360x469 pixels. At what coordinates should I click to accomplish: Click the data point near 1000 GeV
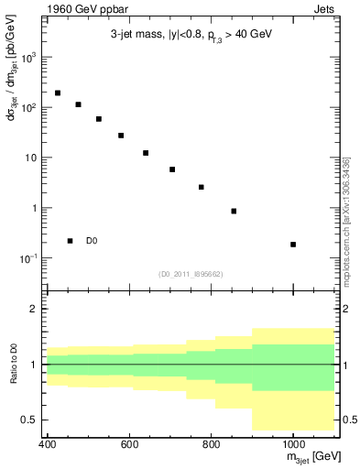tap(293, 245)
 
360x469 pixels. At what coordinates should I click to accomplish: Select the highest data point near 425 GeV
tap(58, 93)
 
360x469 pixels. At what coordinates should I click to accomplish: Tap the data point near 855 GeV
tap(234, 211)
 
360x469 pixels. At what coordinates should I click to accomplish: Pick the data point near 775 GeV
tap(201, 187)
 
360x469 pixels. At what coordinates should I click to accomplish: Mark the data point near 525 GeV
tap(99, 119)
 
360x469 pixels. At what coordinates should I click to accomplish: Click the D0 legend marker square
tap(70, 241)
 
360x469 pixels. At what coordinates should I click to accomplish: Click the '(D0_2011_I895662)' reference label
tap(191, 273)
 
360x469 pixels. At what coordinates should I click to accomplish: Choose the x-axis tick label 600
tap(129, 445)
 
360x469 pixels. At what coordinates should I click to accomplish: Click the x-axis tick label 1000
tap(293, 445)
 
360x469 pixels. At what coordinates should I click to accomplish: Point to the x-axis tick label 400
tap(48, 445)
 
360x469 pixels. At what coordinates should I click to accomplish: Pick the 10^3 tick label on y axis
tap(29, 57)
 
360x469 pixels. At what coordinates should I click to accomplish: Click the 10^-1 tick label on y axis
tap(29, 258)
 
